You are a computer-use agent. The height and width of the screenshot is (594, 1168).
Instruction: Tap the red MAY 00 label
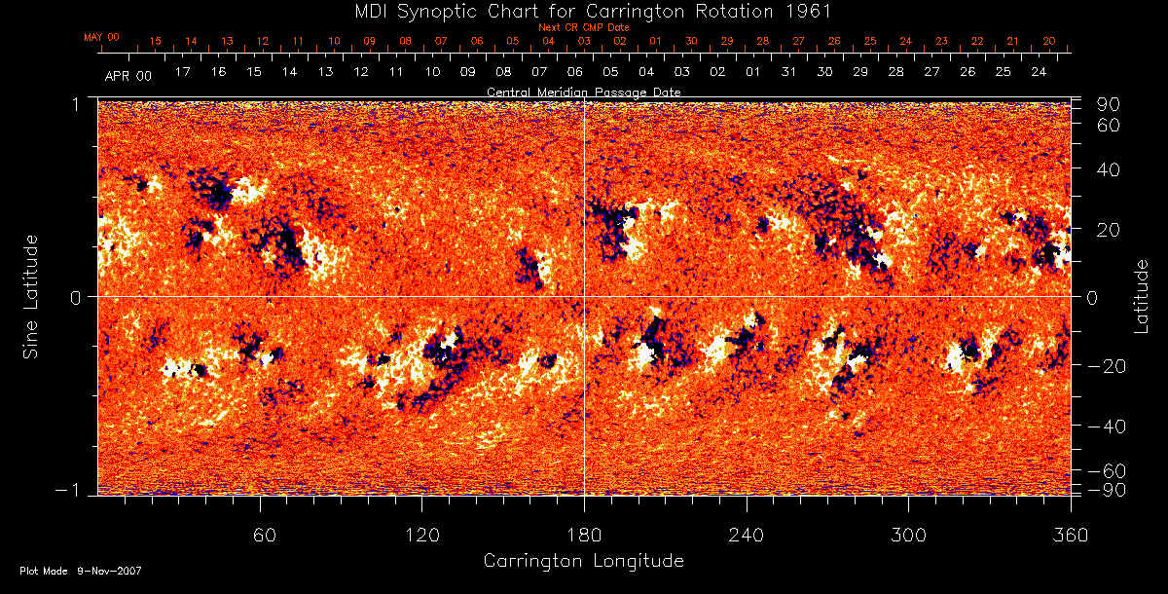pos(101,37)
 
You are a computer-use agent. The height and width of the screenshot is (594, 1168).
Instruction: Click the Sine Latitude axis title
pos(31,296)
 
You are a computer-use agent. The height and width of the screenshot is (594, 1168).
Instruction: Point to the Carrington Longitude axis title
pos(583,561)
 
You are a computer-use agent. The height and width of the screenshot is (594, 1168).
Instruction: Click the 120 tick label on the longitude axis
pos(421,535)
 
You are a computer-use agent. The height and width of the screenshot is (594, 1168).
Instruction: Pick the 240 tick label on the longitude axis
pos(747,535)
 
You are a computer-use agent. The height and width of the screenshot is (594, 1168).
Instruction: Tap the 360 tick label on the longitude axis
pos(1071,535)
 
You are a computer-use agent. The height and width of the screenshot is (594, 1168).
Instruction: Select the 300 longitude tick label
pos(908,535)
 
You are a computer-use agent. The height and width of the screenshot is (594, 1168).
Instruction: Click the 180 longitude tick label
pos(584,535)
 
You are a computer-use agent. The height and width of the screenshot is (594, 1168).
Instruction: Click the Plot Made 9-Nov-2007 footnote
pos(80,571)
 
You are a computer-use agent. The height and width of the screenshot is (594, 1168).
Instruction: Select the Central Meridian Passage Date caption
pos(583,92)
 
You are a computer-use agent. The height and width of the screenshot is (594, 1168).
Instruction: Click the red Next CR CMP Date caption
pos(583,27)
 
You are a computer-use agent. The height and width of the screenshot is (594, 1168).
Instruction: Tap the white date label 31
pos(788,73)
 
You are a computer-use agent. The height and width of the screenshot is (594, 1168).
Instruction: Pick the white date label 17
pos(182,73)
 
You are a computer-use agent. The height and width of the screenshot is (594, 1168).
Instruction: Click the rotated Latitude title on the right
pos(1141,296)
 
